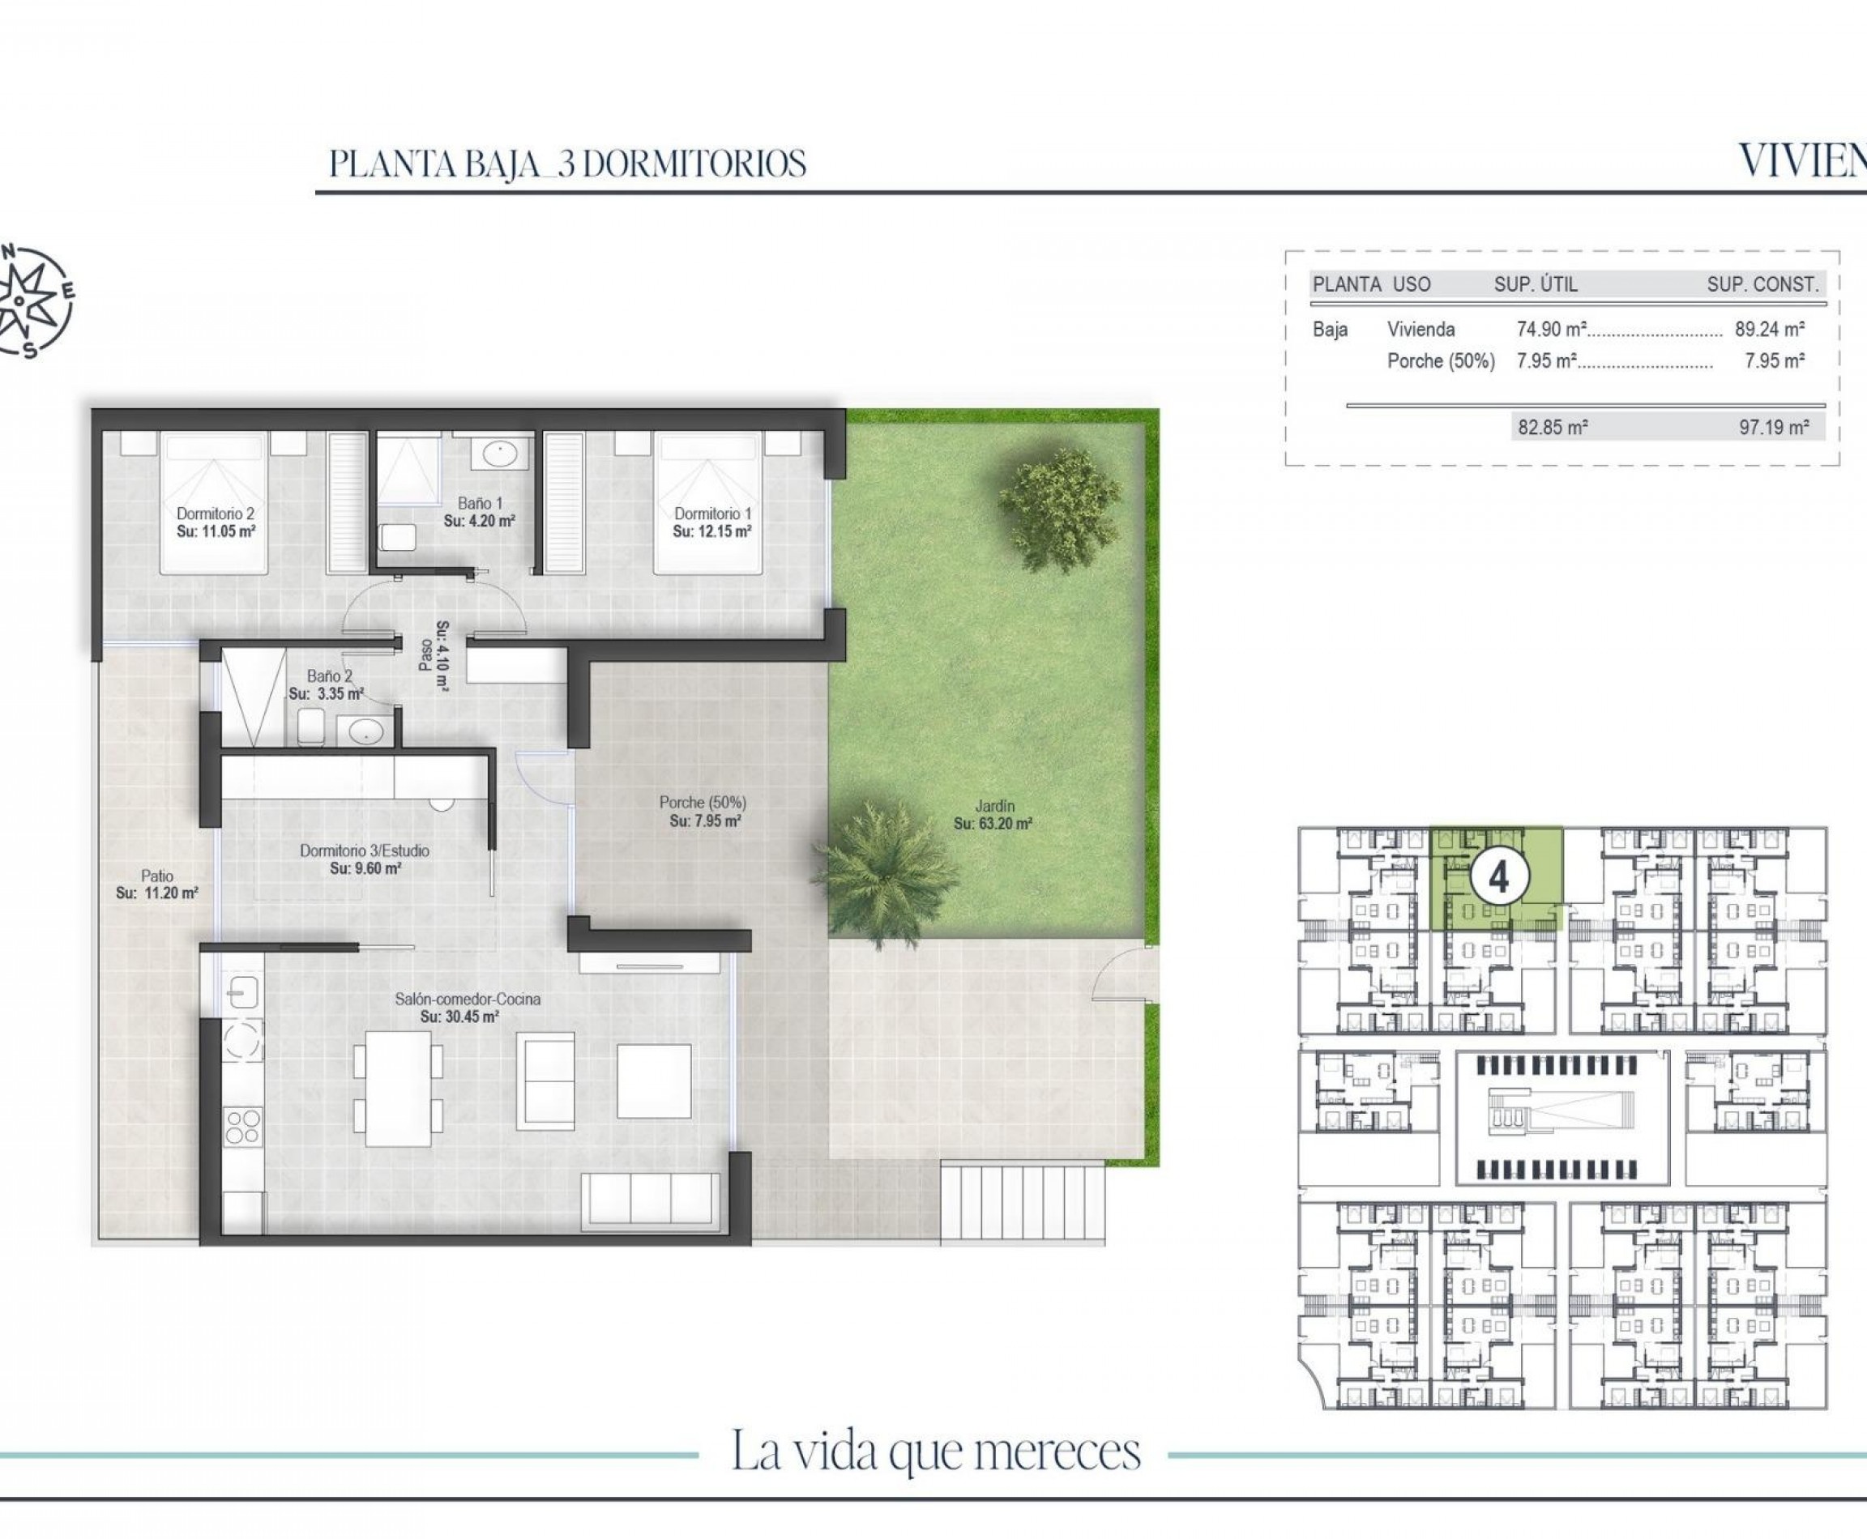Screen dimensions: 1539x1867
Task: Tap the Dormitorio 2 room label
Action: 216,514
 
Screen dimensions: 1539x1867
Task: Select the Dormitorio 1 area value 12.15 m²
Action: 712,532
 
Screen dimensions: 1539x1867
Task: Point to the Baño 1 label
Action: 480,504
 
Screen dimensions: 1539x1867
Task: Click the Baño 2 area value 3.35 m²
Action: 326,694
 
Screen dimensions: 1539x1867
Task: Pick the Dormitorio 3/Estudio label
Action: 365,850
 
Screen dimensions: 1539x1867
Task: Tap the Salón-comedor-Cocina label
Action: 468,999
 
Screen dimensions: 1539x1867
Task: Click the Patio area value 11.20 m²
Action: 157,893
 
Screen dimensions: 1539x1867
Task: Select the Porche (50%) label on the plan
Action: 703,802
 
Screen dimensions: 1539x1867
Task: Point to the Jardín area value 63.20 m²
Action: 993,824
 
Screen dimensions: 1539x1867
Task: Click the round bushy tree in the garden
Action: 1059,508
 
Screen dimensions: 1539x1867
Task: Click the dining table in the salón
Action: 398,1088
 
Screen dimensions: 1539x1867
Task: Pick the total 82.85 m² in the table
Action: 1552,428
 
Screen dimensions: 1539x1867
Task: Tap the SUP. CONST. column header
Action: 1762,284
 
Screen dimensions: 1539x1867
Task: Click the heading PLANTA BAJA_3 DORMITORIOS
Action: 568,164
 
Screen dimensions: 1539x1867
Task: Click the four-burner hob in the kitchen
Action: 243,1127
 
